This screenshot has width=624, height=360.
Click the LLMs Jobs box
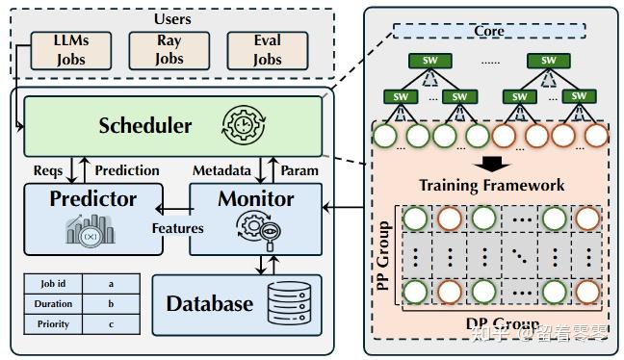[x=71, y=51]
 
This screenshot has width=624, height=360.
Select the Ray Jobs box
[x=168, y=51]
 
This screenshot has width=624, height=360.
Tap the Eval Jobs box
[x=267, y=51]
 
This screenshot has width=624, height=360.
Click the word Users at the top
[x=172, y=18]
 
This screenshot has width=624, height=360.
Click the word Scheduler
[x=145, y=125]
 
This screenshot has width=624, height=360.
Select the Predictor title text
[x=92, y=200]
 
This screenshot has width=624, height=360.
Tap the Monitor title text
[x=255, y=199]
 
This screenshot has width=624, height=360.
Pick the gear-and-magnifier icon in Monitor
[x=256, y=232]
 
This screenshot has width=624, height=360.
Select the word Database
[x=209, y=304]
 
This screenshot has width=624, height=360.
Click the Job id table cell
[x=53, y=284]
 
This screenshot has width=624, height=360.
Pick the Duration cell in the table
[x=53, y=304]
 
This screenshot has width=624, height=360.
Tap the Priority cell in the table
[x=53, y=324]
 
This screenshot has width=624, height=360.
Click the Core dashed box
[x=488, y=31]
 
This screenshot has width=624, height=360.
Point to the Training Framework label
[x=491, y=185]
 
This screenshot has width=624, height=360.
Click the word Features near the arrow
[x=177, y=228]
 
